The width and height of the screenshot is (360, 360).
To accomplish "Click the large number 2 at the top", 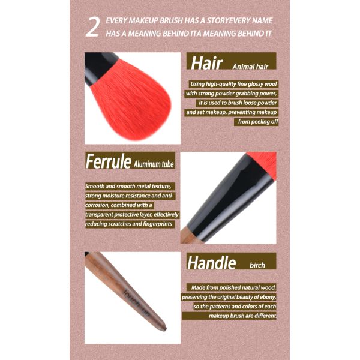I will tap(92, 28).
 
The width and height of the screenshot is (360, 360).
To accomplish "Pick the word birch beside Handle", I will tap(259, 264).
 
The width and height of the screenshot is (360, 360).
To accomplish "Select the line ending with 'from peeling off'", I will tap(257, 122).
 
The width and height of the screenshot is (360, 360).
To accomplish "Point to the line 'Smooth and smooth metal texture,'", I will tap(130, 186).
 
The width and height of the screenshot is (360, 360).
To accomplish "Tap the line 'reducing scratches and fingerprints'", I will tap(130, 224).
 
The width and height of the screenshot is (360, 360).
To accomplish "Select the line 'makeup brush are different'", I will tap(243, 316).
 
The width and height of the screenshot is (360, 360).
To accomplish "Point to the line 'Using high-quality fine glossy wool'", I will tap(234, 83).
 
